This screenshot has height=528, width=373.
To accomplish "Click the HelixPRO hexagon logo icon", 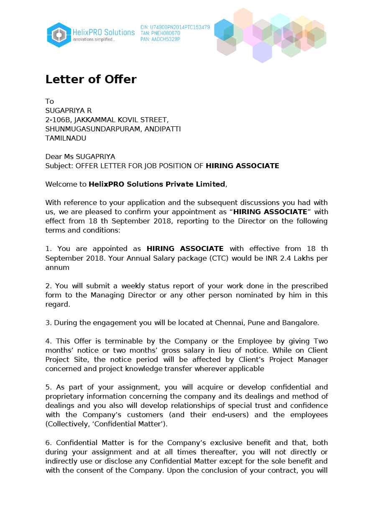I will click(x=59, y=35).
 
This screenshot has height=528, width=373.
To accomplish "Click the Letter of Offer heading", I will click(x=91, y=79).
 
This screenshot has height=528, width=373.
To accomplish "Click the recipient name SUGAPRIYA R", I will click(x=69, y=110).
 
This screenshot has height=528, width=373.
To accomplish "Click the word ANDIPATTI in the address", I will click(x=163, y=129).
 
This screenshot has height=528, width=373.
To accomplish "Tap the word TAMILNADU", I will click(x=66, y=138).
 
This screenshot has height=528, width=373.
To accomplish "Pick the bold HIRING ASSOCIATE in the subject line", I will click(x=242, y=166).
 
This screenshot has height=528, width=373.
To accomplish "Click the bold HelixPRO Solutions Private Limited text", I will click(x=157, y=184).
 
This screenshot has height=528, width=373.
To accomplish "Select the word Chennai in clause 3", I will click(x=230, y=323).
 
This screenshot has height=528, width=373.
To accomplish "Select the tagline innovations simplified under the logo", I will click(x=94, y=39).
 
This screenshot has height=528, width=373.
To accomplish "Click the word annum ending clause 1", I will click(x=57, y=267).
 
